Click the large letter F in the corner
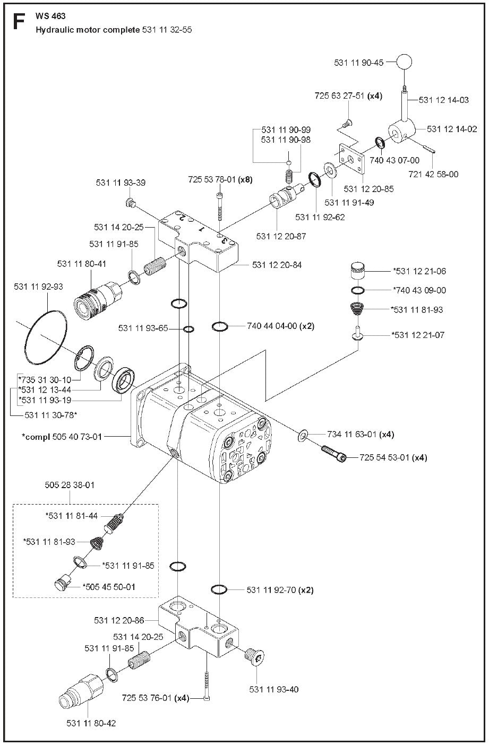pyautogui.click(x=18, y=22)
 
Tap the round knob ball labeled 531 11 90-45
pyautogui.click(x=404, y=62)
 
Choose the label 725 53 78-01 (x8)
pyautogui.click(x=220, y=179)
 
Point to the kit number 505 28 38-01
pyautogui.click(x=70, y=485)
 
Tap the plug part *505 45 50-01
pyautogui.click(x=61, y=583)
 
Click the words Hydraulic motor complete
pyautogui.click(x=88, y=30)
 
